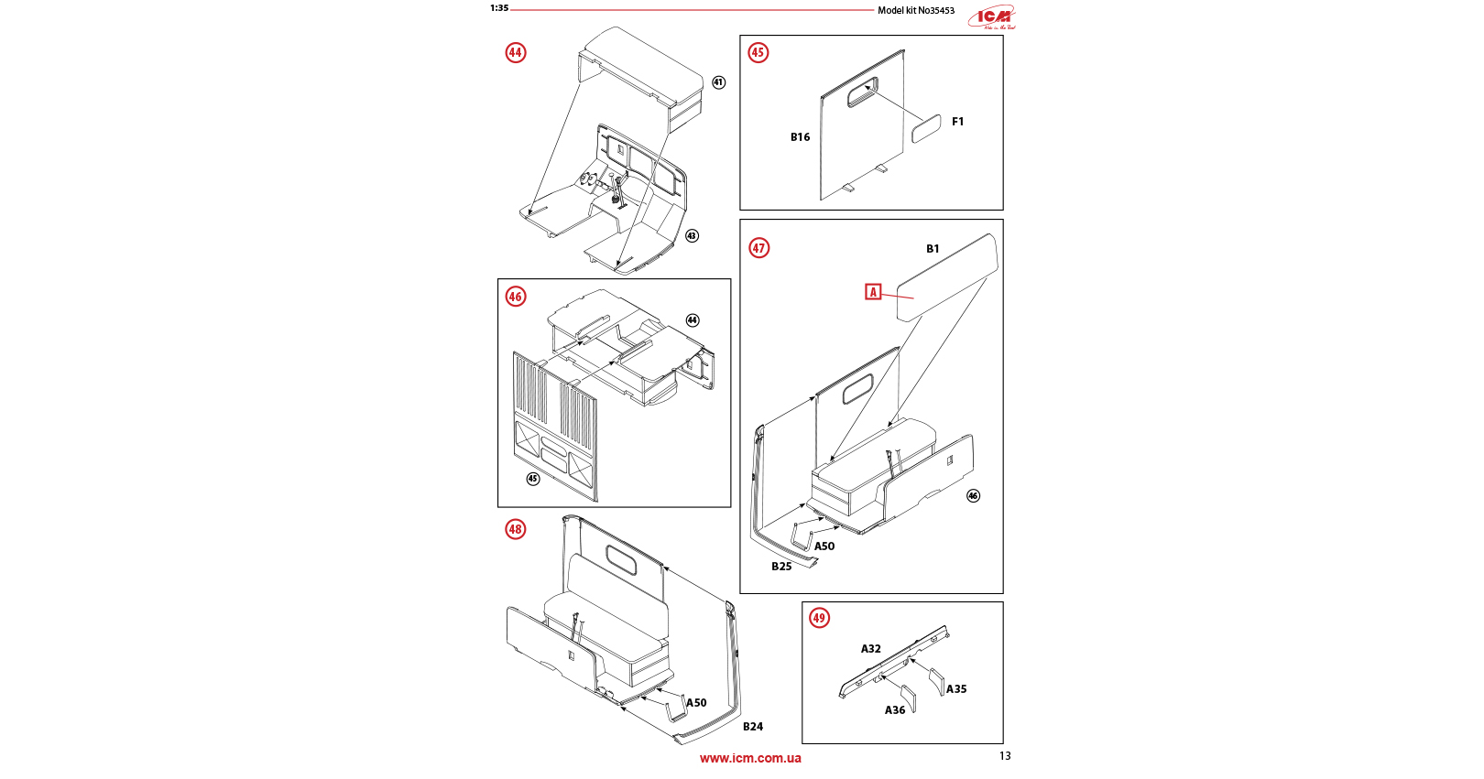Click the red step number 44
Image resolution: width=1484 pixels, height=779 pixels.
(515, 52)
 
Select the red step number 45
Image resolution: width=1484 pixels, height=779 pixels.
(758, 52)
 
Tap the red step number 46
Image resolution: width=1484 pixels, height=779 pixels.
(515, 297)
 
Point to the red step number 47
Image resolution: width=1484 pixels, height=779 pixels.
(758, 248)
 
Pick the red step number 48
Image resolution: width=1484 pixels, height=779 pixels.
(515, 529)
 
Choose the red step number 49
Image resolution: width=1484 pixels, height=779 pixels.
(819, 618)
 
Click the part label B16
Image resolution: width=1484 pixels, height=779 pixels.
(800, 137)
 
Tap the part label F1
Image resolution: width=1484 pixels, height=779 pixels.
(957, 122)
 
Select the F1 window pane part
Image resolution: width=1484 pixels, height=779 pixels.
(925, 129)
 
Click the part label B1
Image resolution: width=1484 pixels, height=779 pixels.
(933, 249)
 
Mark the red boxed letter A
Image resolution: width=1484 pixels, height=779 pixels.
(873, 292)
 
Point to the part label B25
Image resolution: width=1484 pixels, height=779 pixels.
(781, 567)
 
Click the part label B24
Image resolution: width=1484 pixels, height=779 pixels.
(753, 727)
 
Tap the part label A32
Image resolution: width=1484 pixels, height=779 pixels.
(870, 649)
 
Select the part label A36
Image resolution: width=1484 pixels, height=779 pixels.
(895, 710)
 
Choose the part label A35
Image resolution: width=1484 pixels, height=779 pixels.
(956, 689)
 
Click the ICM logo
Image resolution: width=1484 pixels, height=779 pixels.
(993, 17)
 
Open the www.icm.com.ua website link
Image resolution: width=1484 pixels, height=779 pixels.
(750, 758)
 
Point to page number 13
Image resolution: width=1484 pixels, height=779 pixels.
(1005, 756)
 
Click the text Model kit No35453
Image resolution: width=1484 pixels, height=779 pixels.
(915, 11)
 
